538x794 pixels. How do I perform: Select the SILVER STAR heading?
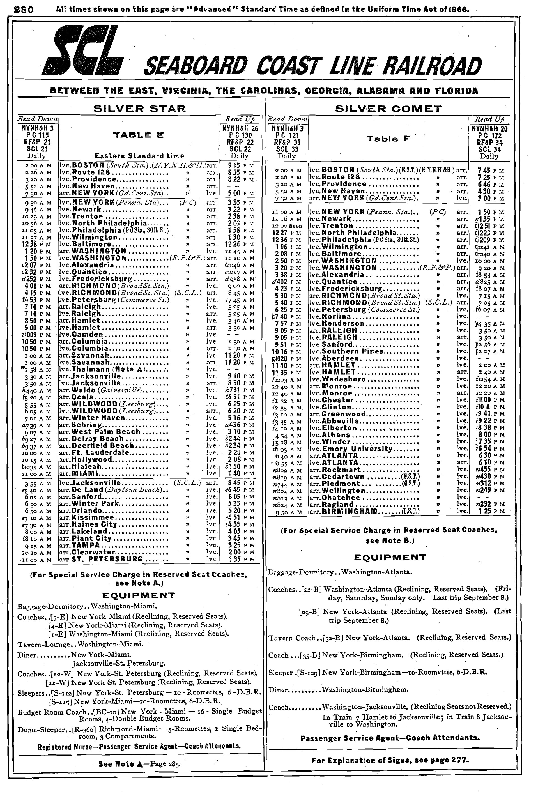(140, 109)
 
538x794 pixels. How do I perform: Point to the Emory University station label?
(357, 448)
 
